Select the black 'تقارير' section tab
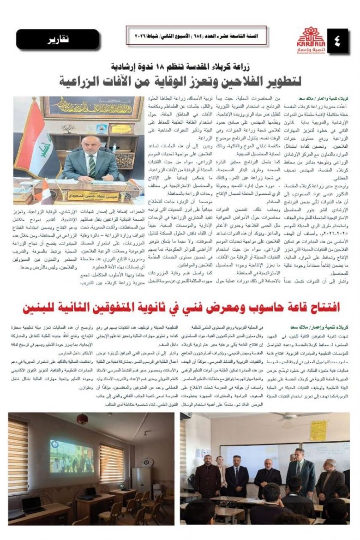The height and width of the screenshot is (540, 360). tap(58, 39)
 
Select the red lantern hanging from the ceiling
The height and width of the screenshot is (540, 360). tap(82, 419)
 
